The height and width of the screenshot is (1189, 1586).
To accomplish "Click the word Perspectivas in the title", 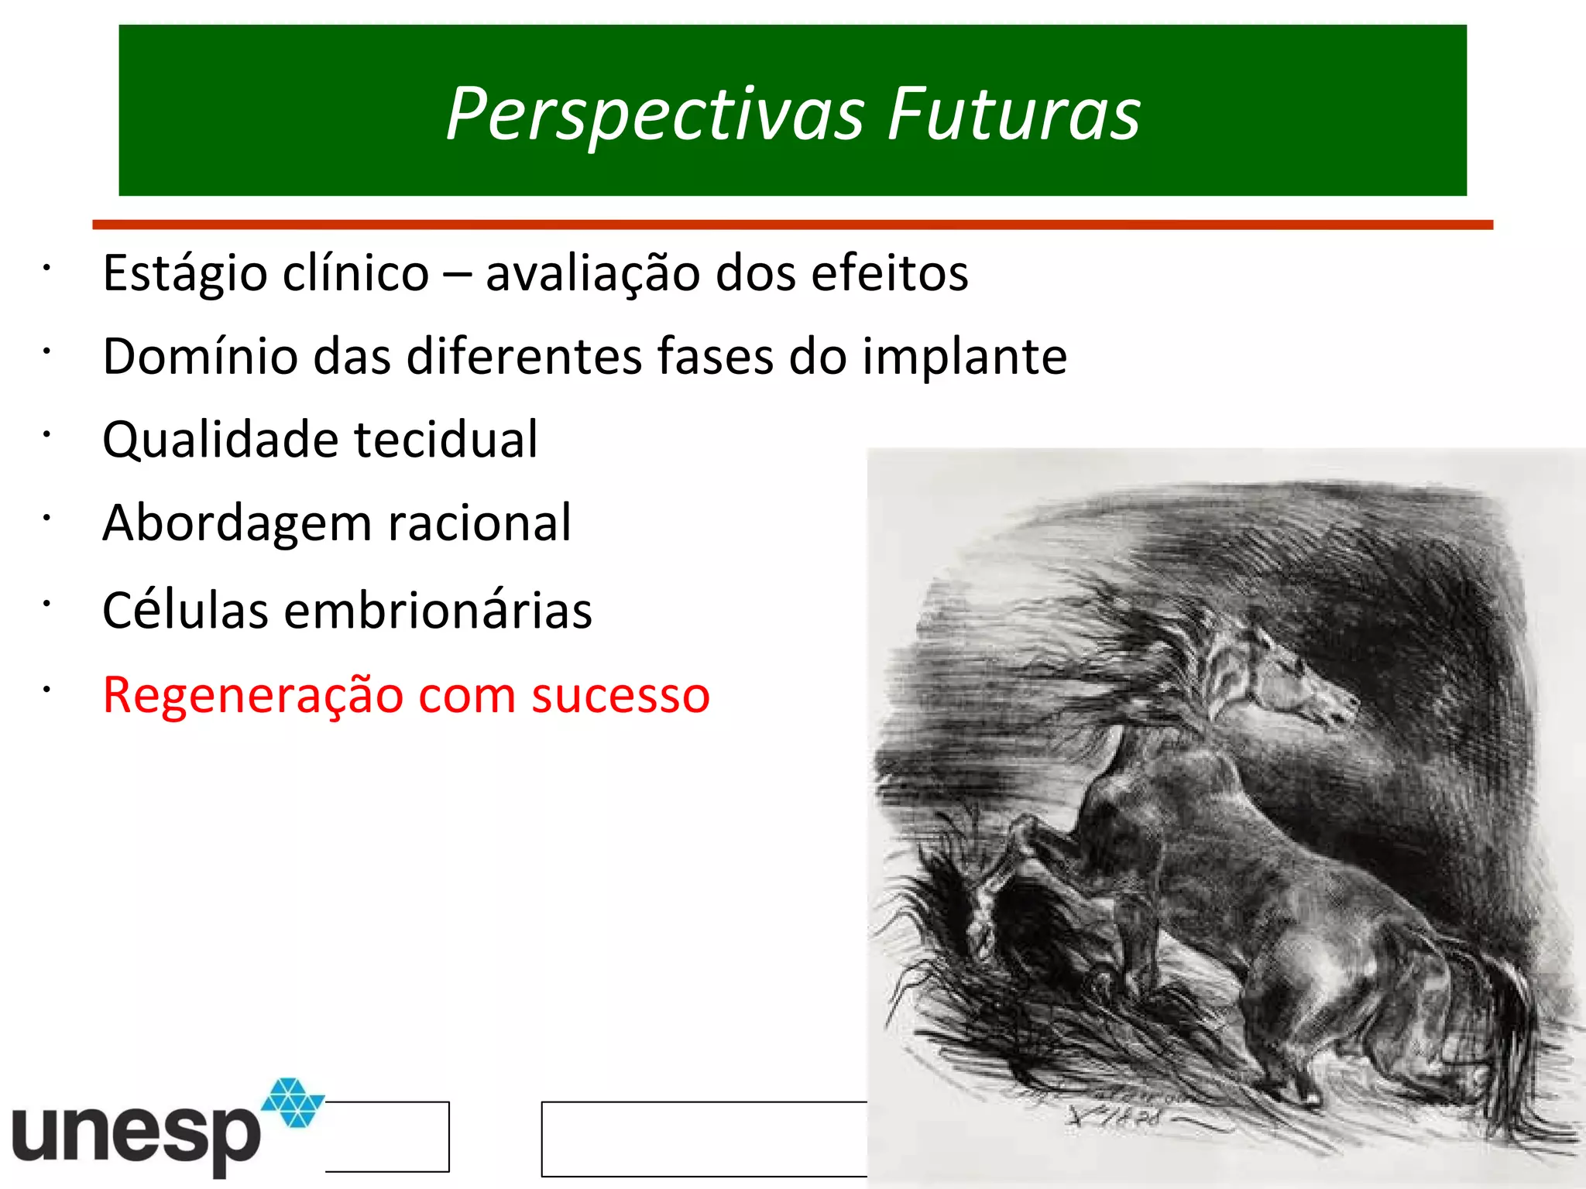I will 655,115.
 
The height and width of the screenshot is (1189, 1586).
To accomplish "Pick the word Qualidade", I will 221,440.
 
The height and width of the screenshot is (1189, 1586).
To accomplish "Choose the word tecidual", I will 446,440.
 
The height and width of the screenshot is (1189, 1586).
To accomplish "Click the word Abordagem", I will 237,524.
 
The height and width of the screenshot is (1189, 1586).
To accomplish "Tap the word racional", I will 479,523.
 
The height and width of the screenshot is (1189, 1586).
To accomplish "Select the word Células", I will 186,610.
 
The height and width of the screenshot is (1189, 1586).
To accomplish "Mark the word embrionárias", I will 438,610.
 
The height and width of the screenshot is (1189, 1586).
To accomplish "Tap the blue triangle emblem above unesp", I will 294,1102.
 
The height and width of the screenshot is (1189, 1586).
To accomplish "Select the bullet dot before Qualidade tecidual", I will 46,435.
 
